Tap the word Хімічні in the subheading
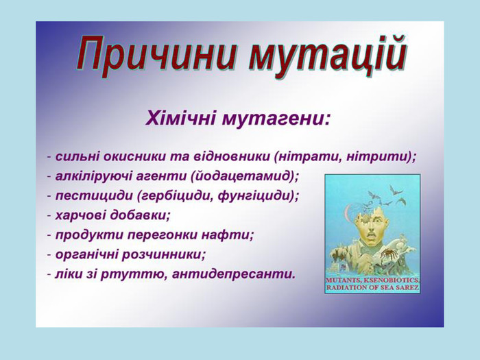tap(180, 118)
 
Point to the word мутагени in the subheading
tap(276, 119)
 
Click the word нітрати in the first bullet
tap(309, 156)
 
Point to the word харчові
tap(80, 215)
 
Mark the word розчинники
tap(163, 254)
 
